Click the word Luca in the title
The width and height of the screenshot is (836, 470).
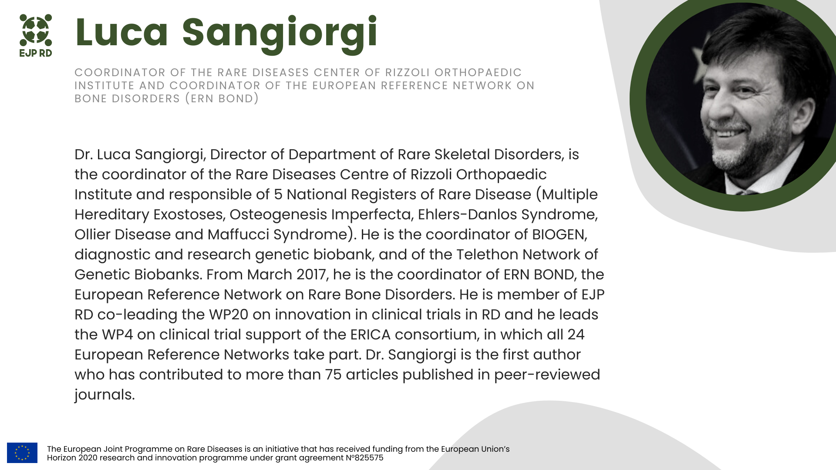click(x=121, y=32)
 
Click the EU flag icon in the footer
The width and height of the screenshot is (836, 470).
click(x=22, y=453)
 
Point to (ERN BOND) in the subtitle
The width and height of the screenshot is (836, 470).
click(x=222, y=99)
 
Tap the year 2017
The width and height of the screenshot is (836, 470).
click(x=311, y=275)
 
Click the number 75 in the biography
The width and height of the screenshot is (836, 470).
click(x=333, y=375)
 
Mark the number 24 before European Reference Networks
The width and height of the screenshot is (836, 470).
click(x=576, y=335)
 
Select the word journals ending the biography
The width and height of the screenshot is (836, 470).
click(x=104, y=395)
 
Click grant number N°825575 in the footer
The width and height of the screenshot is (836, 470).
click(x=364, y=458)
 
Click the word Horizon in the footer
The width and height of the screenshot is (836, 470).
click(x=61, y=458)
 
